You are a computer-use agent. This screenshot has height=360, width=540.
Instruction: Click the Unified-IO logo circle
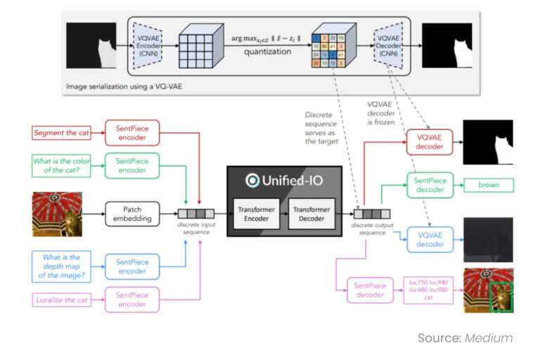[252, 180]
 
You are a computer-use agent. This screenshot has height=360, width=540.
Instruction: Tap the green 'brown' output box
[489, 186]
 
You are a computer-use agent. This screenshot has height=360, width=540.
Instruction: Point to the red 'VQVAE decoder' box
[431, 143]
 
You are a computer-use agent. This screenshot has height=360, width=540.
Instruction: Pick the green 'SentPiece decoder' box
[431, 186]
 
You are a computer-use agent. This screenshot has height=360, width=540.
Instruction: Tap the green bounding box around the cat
[501, 297]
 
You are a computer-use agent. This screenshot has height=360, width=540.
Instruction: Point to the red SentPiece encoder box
[132, 132]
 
